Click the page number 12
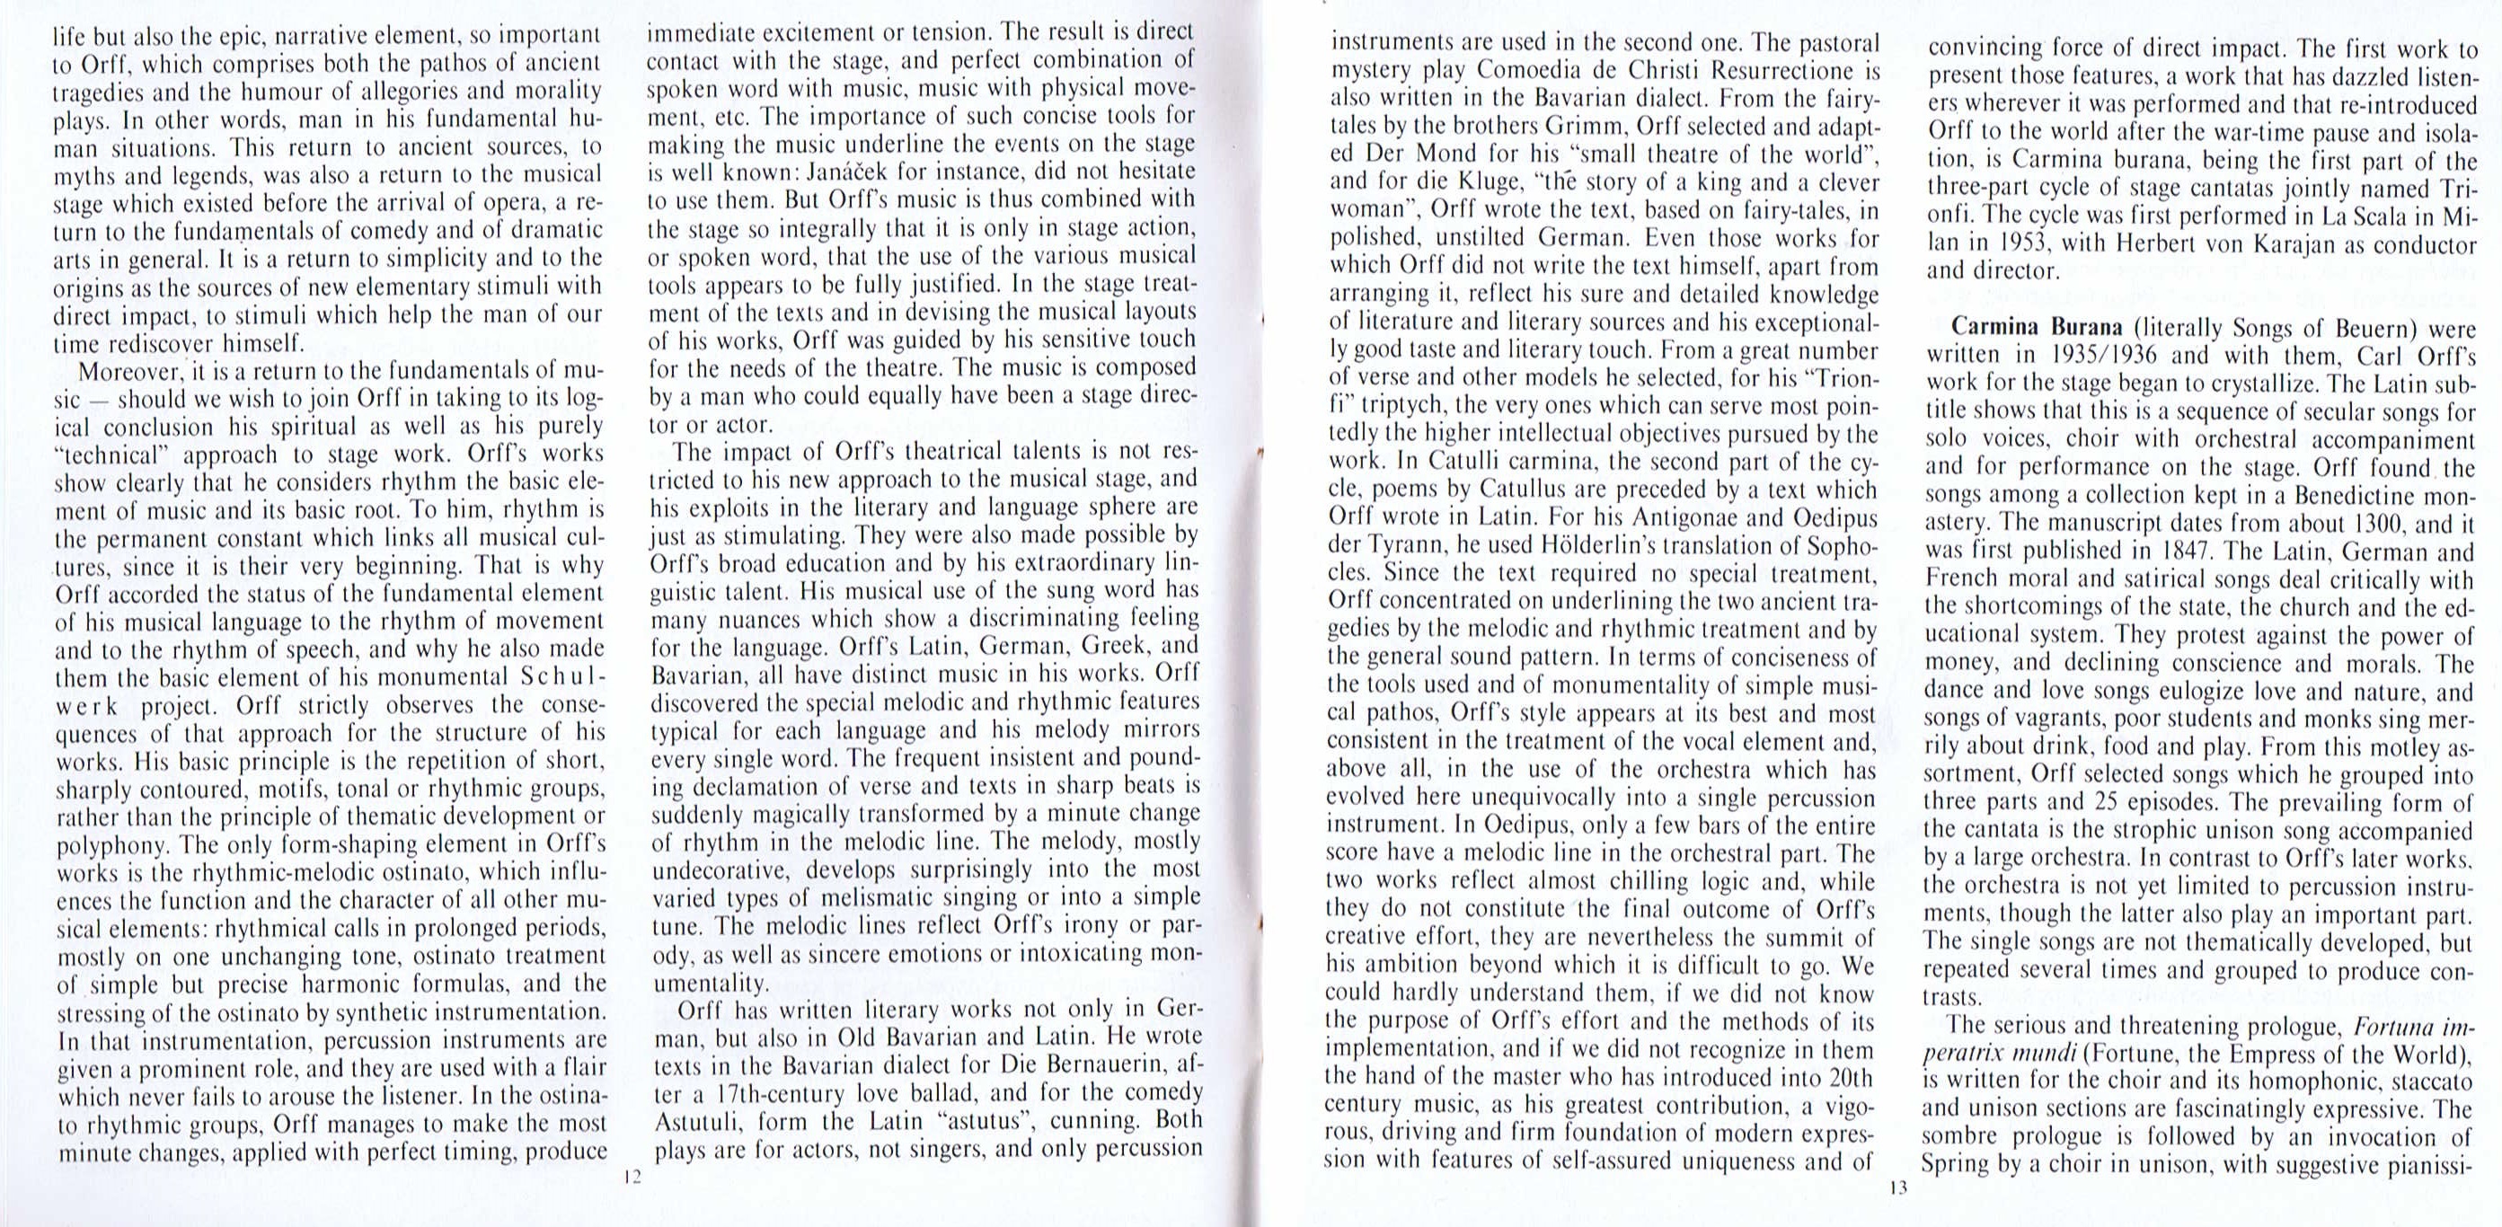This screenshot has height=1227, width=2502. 632,1177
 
